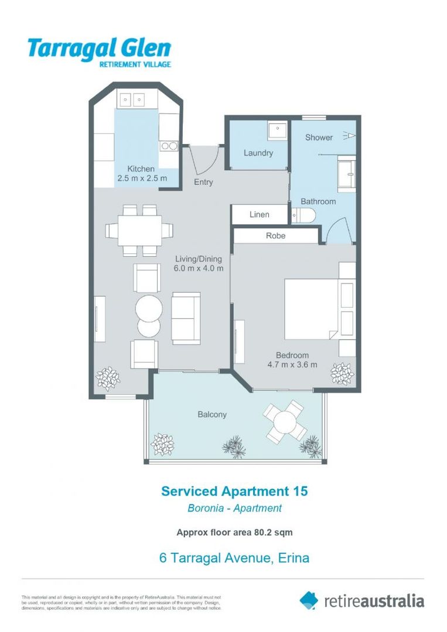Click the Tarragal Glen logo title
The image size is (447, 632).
coord(99,49)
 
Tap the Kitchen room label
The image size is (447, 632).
coord(141,169)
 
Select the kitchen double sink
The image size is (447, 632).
coord(133,99)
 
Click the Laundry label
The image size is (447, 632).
coord(258,153)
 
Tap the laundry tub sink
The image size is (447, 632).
coord(277,131)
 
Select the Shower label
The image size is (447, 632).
coord(319,138)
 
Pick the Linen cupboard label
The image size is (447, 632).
coord(260,214)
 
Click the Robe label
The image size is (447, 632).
coord(276,235)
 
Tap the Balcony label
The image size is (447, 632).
coord(211,414)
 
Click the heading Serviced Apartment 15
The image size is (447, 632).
coord(234,491)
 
